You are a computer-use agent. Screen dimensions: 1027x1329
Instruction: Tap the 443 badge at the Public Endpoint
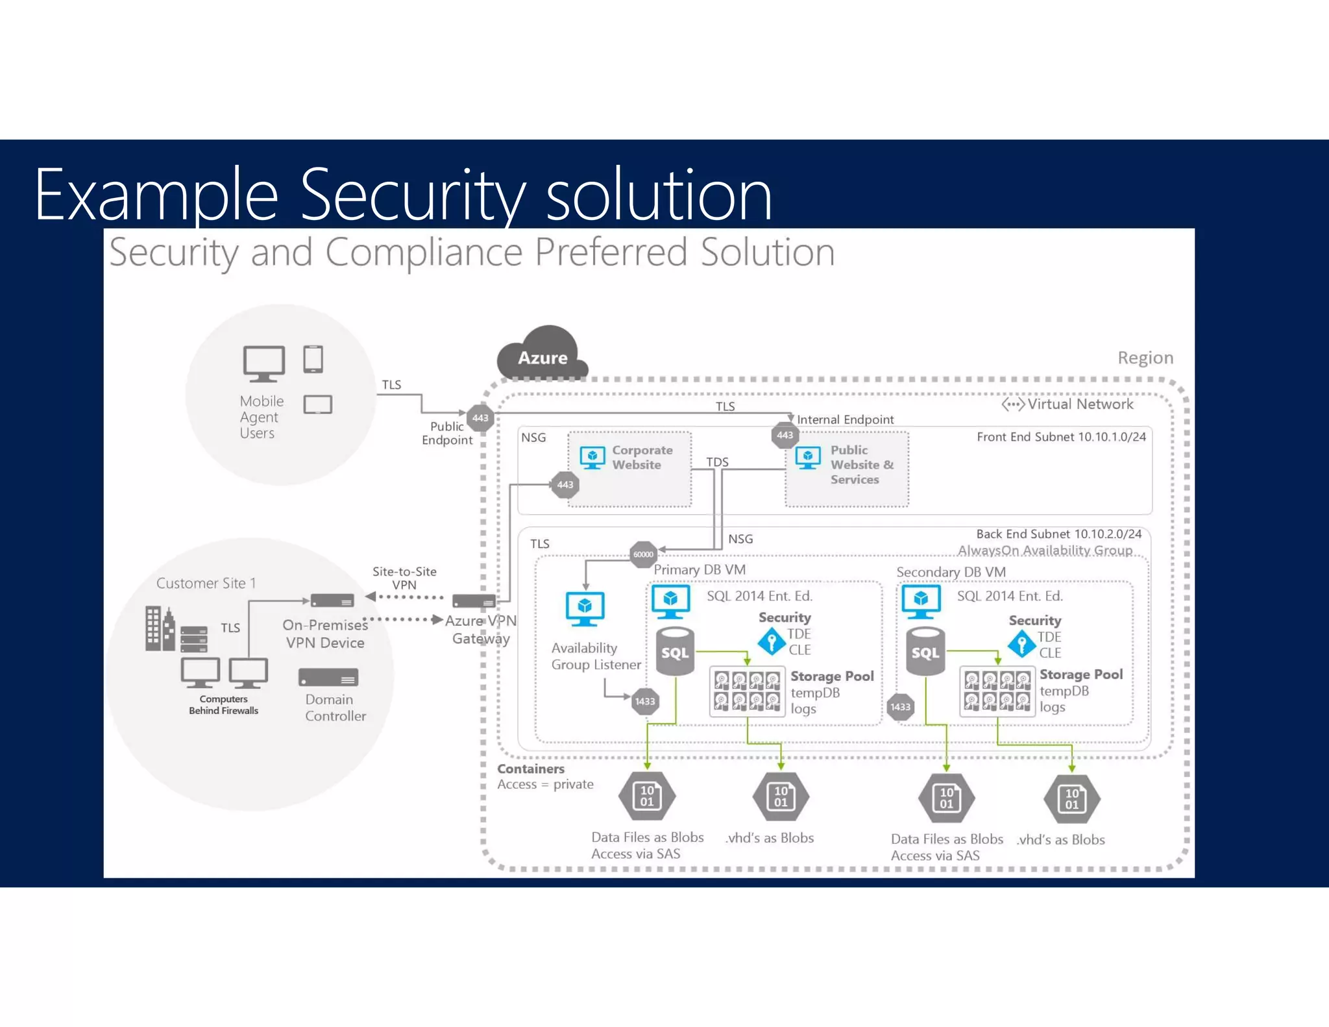pyautogui.click(x=480, y=417)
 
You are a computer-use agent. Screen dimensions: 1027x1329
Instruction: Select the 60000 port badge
pyautogui.click(x=643, y=554)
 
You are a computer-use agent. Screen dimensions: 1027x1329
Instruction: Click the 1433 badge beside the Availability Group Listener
pyautogui.click(x=645, y=701)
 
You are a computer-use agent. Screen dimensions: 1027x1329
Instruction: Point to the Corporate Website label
pyautogui.click(x=641, y=457)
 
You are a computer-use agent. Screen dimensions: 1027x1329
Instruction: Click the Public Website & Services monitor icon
pyautogui.click(x=807, y=458)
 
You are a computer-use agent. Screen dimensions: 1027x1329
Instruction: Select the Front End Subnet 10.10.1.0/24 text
pyautogui.click(x=1061, y=437)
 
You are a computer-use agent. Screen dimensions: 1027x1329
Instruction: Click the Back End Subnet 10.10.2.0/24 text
pyautogui.click(x=1058, y=534)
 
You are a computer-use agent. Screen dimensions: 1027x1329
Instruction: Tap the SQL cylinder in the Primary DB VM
pyautogui.click(x=675, y=652)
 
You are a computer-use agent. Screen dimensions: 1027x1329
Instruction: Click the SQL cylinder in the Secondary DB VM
pyautogui.click(x=925, y=652)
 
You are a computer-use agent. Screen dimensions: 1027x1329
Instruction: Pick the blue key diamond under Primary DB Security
pyautogui.click(x=772, y=642)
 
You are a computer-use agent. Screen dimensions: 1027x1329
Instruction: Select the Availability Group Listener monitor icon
pyautogui.click(x=585, y=608)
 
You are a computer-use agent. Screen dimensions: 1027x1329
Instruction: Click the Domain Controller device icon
pyautogui.click(x=328, y=678)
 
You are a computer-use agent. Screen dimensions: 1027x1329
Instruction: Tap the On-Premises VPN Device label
pyautogui.click(x=325, y=634)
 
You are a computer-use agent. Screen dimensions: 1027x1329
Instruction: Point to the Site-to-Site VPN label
pyautogui.click(x=404, y=578)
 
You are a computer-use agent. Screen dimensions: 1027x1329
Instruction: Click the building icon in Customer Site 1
pyautogui.click(x=159, y=628)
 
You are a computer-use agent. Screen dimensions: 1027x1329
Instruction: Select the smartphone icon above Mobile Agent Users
pyautogui.click(x=313, y=359)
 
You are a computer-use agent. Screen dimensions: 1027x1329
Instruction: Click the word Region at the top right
pyautogui.click(x=1145, y=358)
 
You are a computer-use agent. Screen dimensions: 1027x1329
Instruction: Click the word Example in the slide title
pyautogui.click(x=156, y=194)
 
